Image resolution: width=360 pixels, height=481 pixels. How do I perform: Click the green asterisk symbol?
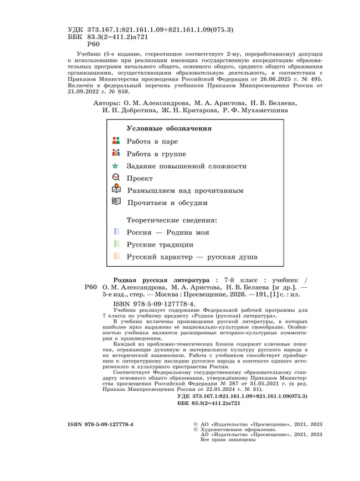[x=115, y=166]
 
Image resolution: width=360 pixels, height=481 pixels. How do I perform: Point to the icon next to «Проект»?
[x=115, y=177]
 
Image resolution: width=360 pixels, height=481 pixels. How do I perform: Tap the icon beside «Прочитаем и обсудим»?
[x=115, y=202]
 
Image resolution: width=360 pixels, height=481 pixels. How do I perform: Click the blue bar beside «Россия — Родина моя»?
[x=116, y=232]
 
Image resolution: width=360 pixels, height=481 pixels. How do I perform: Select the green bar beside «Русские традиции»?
[x=116, y=244]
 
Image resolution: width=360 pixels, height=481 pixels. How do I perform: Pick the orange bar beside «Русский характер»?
[x=116, y=256]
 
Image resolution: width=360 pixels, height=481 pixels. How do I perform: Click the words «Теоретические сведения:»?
[x=172, y=220]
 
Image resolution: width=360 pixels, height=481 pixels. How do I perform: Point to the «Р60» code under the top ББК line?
[x=93, y=46]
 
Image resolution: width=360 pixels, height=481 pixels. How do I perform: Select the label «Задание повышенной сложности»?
[x=187, y=166]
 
